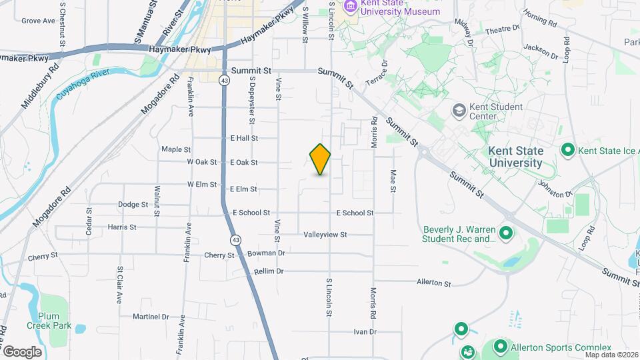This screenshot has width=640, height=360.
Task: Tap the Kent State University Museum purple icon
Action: (350, 7)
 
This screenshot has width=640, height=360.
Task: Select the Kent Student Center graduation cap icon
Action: (459, 109)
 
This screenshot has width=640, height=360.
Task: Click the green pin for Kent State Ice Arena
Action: (568, 149)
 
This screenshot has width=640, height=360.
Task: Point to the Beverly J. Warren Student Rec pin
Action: (505, 233)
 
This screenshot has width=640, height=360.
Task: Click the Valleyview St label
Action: (325, 235)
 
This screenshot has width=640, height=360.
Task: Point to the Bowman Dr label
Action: (266, 253)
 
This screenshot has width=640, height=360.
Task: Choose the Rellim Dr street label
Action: (269, 271)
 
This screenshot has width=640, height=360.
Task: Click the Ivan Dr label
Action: (365, 331)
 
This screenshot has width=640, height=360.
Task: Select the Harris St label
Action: (122, 227)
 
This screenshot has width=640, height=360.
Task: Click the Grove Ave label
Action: (38, 21)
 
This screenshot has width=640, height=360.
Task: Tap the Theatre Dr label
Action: (502, 29)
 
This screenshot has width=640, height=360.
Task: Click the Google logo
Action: (22, 351)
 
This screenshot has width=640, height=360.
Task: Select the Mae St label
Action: (393, 181)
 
